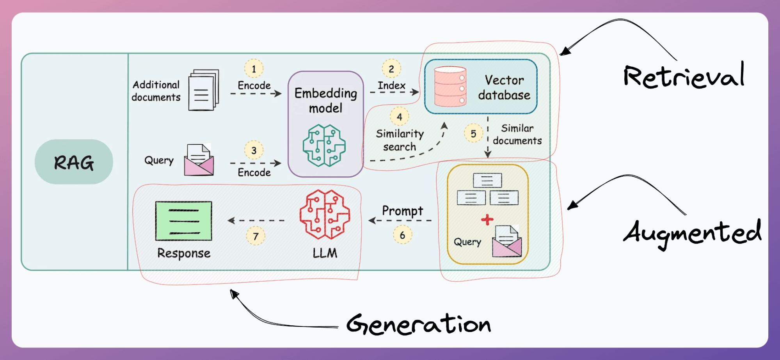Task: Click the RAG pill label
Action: click(74, 162)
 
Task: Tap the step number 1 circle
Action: click(254, 69)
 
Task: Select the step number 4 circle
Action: click(399, 117)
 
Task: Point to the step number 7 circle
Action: click(256, 236)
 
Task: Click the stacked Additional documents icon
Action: click(203, 90)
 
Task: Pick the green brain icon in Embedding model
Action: click(324, 145)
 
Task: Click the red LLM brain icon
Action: click(325, 214)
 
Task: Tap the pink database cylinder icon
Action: click(450, 87)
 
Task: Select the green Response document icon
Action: click(183, 221)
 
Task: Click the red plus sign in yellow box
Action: click(487, 220)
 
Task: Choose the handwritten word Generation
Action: click(418, 324)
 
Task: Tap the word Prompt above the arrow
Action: click(402, 211)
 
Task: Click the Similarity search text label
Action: click(400, 140)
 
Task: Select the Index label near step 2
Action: click(391, 85)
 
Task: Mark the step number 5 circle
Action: click(473, 133)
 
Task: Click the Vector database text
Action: click(504, 87)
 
